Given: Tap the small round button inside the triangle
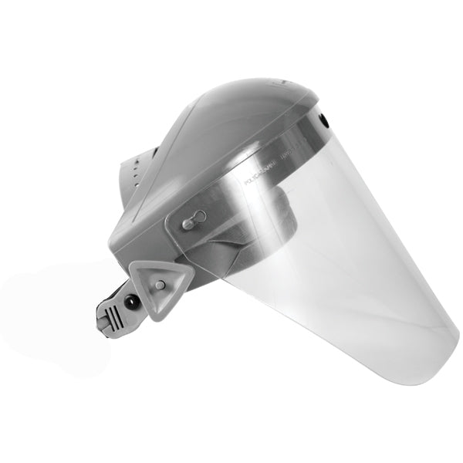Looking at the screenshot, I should point(160,285).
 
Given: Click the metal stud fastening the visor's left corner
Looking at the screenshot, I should point(188,223).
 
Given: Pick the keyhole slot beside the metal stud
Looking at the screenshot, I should point(198,217).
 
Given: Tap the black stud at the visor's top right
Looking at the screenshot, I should point(324,120).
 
